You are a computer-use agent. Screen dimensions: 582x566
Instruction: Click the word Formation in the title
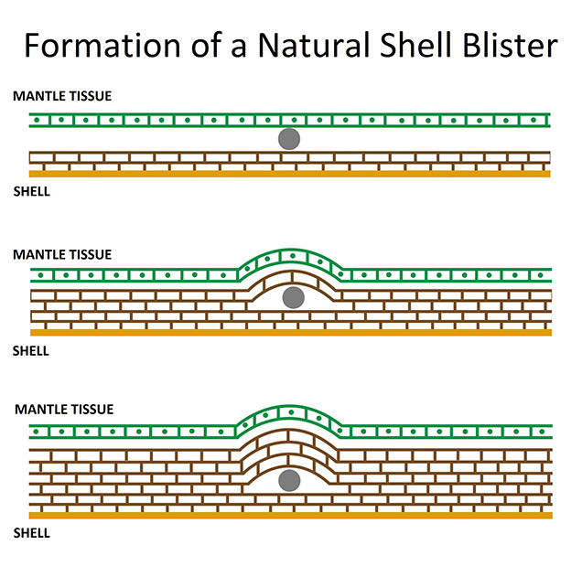pos(102,45)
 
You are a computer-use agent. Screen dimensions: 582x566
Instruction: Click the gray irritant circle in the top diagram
pos(289,139)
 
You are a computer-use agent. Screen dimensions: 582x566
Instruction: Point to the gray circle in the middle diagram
pos(293,297)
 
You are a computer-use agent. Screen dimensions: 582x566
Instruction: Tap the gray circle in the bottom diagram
pos(289,480)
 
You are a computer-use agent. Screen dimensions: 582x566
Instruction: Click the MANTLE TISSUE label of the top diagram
pos(62,96)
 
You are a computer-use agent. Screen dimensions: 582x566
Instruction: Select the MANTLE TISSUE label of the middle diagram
pos(62,254)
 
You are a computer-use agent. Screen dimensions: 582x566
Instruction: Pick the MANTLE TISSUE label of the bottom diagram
pos(64,409)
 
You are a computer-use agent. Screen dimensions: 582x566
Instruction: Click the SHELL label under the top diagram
pos(31,191)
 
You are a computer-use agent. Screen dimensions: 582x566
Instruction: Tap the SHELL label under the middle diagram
pos(31,350)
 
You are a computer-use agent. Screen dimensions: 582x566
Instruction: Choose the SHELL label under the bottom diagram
pos(31,533)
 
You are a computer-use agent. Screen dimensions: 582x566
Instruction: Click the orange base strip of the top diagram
pos(289,174)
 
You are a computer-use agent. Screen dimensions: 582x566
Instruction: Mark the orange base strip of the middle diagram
pos(291,332)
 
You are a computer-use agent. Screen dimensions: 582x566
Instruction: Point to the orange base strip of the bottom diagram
pos(291,515)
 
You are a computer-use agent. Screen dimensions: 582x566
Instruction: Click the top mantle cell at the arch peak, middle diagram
pos(293,256)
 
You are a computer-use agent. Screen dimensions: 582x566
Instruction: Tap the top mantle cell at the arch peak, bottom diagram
pos(291,412)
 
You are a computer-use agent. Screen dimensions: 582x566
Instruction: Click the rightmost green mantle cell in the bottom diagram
pos(542,432)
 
